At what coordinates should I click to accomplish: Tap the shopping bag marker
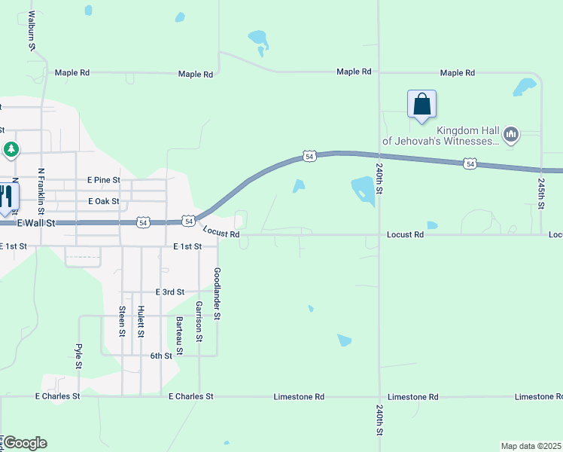422,105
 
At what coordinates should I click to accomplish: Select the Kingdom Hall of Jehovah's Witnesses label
442,136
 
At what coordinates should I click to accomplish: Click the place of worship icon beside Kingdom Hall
512,136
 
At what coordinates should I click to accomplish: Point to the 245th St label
541,194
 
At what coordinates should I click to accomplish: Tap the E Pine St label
103,180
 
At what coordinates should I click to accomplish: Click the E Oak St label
103,201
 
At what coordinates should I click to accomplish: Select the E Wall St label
35,223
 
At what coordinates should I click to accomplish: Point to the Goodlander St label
217,295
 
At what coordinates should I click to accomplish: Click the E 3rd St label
169,292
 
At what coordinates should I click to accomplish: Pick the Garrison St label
199,322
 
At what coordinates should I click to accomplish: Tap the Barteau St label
179,335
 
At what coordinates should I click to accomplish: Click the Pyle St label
78,356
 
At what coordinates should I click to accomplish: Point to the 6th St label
161,356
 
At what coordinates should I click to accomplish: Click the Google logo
25,443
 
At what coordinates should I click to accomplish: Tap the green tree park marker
11,150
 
